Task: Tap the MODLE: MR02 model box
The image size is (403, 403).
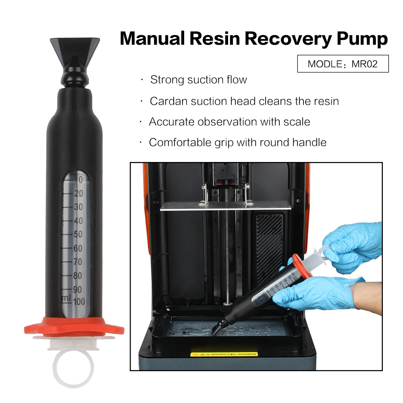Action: tap(343, 64)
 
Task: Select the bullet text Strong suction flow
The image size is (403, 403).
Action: tap(198, 80)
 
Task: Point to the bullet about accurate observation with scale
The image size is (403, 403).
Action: tap(229, 122)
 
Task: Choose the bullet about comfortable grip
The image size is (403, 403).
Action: tap(237, 142)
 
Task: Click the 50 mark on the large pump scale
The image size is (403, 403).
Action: tap(78, 234)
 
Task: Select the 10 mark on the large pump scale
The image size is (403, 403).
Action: tap(78, 179)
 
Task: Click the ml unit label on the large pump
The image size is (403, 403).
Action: tap(65, 298)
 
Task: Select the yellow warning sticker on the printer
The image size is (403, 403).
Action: tap(224, 354)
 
